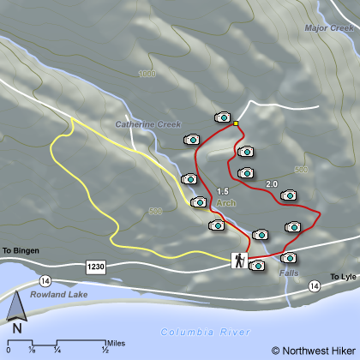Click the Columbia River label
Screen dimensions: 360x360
coord(205,332)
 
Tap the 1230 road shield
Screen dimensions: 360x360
coord(96,268)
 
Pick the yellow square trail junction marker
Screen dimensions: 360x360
coord(237,124)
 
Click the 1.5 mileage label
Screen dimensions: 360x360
coord(225,190)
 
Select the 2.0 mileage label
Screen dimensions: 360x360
coord(273,183)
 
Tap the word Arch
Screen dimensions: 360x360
coord(225,203)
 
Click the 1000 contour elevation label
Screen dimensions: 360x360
coord(147,74)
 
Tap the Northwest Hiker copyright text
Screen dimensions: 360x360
coord(312,350)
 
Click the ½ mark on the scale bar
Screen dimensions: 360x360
coord(105,350)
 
